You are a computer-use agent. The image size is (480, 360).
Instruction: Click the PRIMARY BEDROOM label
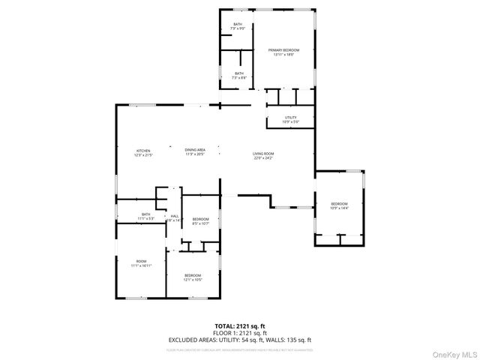pyautogui.click(x=283, y=49)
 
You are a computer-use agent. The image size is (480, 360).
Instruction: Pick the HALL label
pyautogui.click(x=174, y=217)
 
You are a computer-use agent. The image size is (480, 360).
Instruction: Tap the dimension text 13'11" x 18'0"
pyautogui.click(x=283, y=54)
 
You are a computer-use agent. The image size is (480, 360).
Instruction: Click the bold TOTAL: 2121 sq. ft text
pyautogui.click(x=240, y=326)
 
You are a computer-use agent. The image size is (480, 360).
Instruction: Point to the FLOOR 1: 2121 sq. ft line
pyautogui.click(x=240, y=332)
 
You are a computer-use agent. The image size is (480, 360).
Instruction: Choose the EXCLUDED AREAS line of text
pyautogui.click(x=240, y=339)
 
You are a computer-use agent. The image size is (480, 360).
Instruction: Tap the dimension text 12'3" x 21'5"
pyautogui.click(x=142, y=155)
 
